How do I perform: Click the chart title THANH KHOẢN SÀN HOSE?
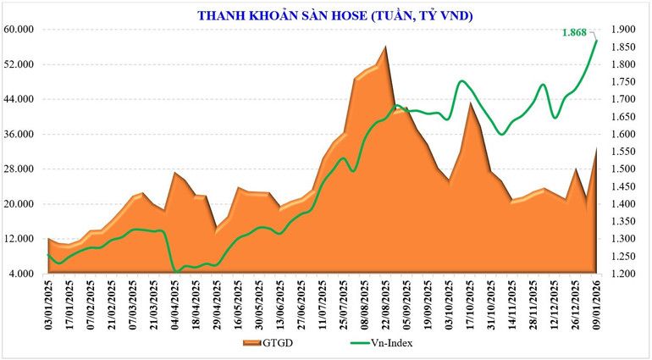click(x=334, y=14)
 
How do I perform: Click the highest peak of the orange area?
click(x=386, y=47)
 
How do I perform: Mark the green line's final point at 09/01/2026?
click(x=596, y=41)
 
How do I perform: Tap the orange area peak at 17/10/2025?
click(x=471, y=102)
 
